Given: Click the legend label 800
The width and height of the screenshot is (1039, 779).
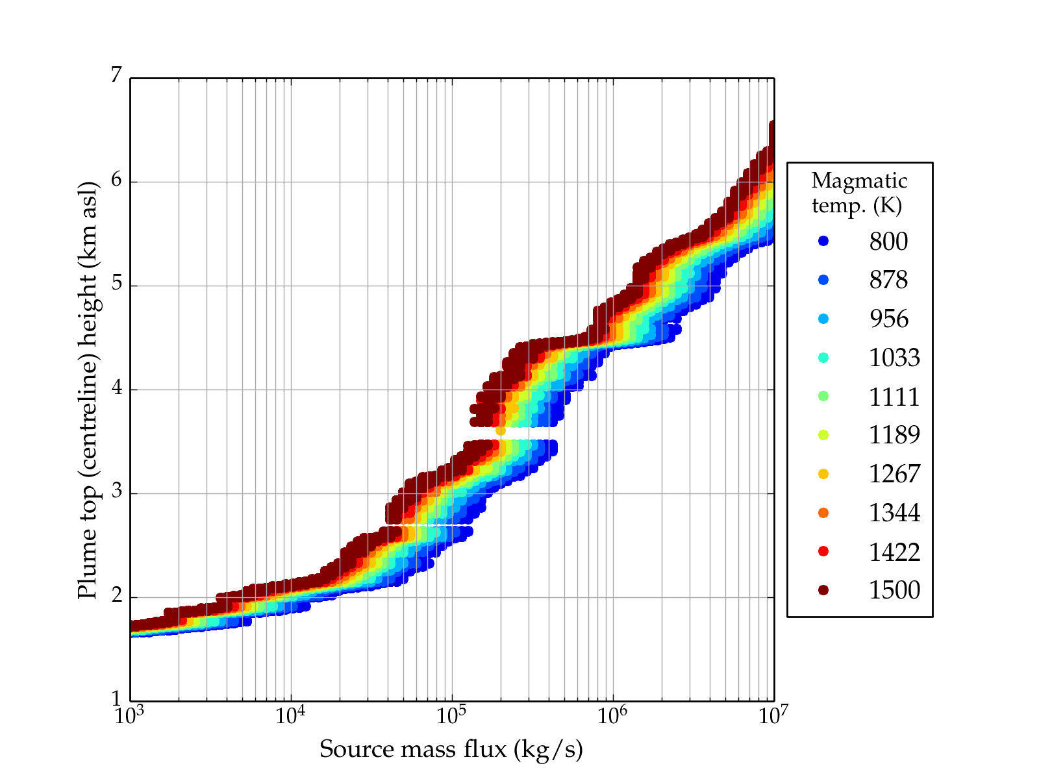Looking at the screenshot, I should (888, 241).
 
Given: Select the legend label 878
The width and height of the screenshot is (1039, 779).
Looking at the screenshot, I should (888, 280).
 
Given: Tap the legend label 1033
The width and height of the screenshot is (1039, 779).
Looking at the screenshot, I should (894, 358).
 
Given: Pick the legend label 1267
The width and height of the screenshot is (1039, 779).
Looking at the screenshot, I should (894, 474).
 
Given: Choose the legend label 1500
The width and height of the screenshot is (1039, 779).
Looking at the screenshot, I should (894, 590).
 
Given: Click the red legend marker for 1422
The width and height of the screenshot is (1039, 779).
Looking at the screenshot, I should (823, 551).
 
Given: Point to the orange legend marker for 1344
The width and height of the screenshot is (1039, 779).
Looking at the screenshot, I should (823, 513).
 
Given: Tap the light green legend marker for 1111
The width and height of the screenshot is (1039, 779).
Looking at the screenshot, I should (823, 396).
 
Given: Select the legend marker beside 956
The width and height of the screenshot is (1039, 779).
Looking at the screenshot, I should (823, 319).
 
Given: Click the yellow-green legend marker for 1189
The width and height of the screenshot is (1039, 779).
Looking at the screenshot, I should (823, 435).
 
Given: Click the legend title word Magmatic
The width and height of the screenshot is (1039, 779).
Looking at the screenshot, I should (859, 181).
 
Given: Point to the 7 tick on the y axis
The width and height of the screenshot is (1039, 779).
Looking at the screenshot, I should (116, 76).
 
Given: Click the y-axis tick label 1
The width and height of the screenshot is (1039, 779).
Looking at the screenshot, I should (116, 700).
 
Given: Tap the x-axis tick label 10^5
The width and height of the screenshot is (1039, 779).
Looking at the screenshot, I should (451, 715).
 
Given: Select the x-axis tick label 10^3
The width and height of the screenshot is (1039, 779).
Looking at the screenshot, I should (130, 715).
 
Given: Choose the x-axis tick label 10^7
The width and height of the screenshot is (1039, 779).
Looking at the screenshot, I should (773, 715).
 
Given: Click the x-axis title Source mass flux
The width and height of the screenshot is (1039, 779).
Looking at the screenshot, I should (451, 750).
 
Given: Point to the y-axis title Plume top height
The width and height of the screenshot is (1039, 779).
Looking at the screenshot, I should (88, 389).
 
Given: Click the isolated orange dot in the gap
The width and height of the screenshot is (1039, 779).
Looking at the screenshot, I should (500, 430).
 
